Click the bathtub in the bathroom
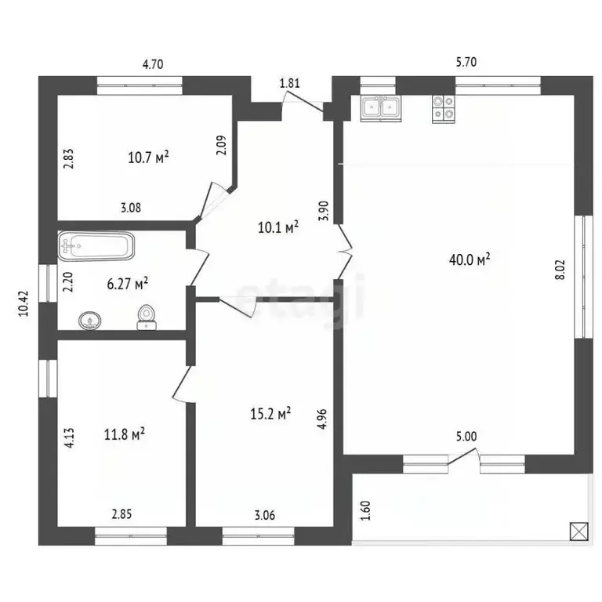coord(96,248)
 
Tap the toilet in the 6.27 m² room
coord(146,317)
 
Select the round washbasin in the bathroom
coord(91,320)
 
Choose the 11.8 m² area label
coord(125,433)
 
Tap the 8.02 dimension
coord(560,267)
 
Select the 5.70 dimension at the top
coord(466,62)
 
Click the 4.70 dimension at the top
coord(152,65)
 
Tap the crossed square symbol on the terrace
coord(578,531)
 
